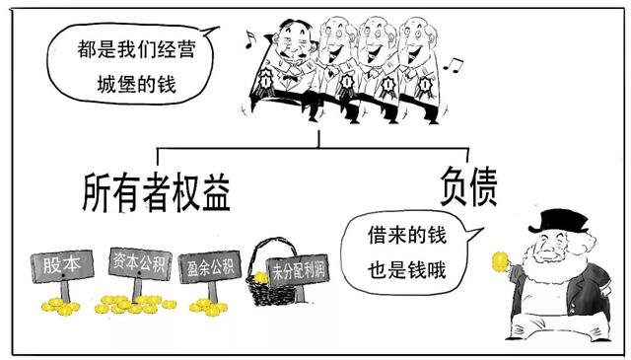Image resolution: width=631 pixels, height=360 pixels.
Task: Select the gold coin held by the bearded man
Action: point(499,262)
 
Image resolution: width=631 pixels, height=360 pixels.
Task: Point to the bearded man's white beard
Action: point(548,271)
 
